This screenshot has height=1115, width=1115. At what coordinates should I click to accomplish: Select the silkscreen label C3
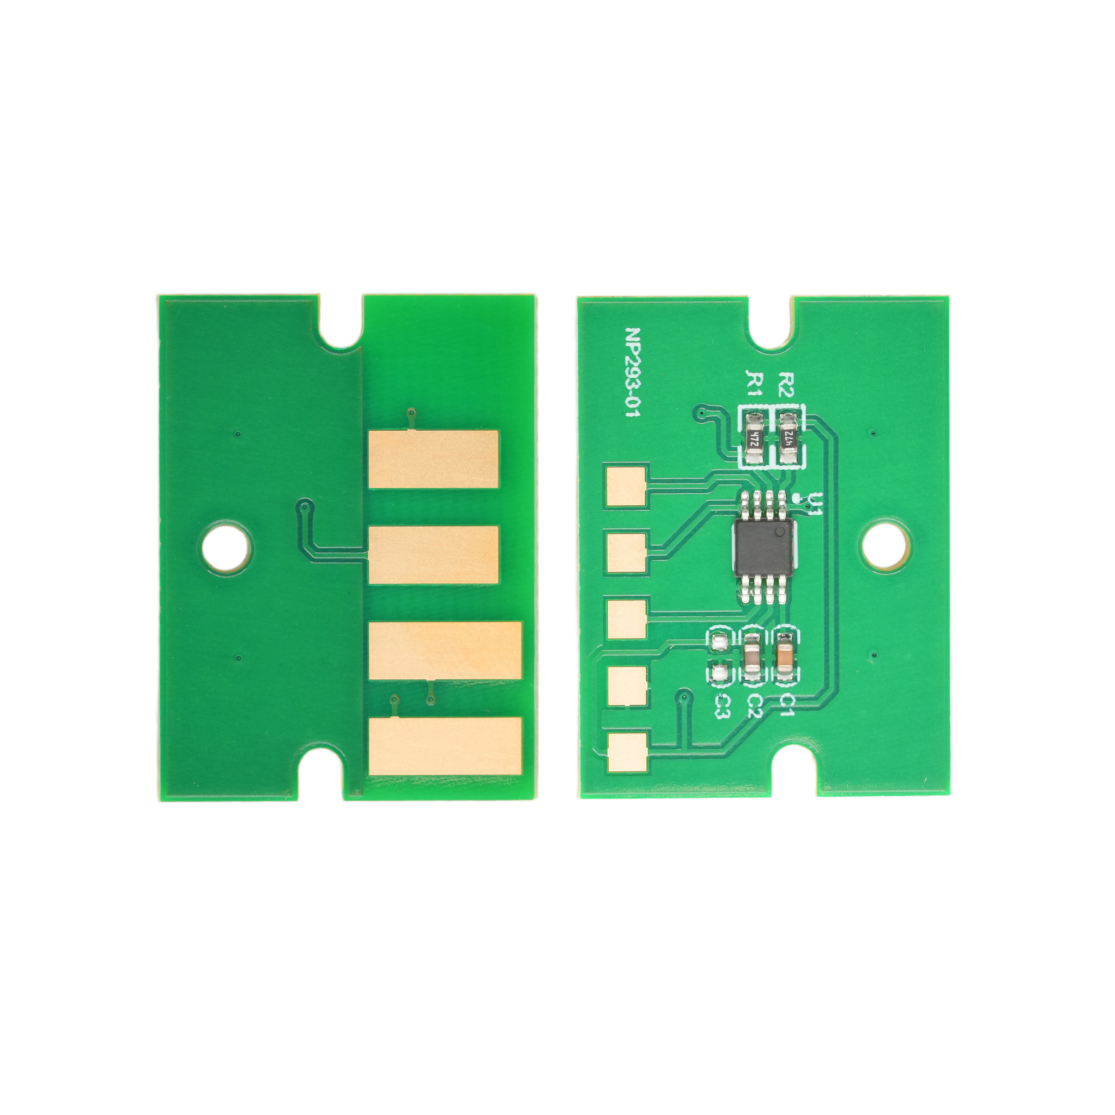click(720, 705)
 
